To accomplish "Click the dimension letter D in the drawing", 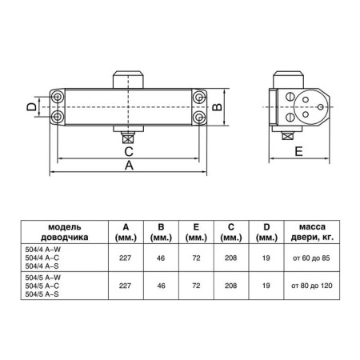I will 29,106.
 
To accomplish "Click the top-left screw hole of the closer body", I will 57,96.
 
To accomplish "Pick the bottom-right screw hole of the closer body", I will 197,117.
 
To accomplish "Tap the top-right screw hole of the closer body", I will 197,96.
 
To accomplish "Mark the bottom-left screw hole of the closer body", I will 57,117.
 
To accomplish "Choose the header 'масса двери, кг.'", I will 307,231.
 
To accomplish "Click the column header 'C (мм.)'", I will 230,231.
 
